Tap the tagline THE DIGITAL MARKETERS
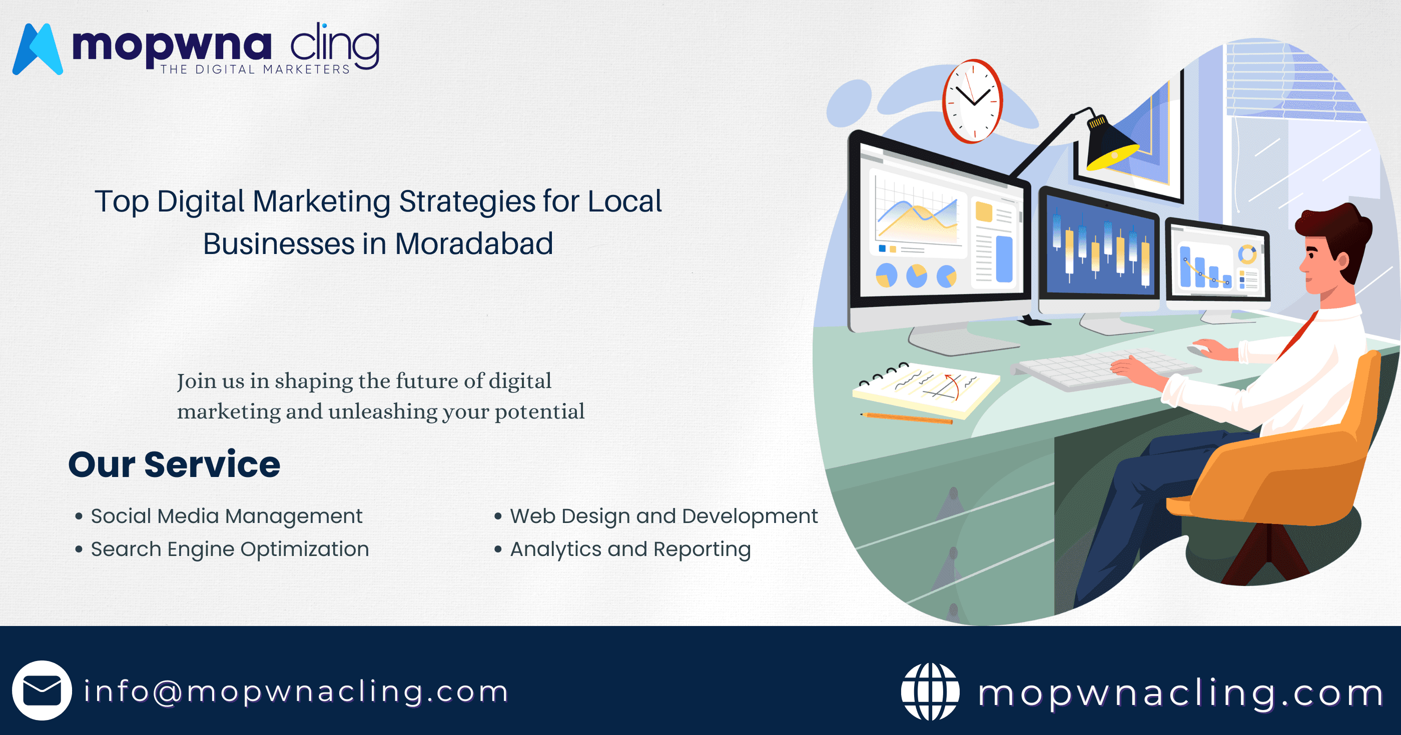255,69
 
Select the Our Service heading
174,465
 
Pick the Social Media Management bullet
226,516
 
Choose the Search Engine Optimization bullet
230,549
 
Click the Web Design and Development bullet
663,516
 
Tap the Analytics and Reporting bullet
630,549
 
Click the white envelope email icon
42,690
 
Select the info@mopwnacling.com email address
296,691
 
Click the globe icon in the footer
930,691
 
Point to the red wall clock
972,101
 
